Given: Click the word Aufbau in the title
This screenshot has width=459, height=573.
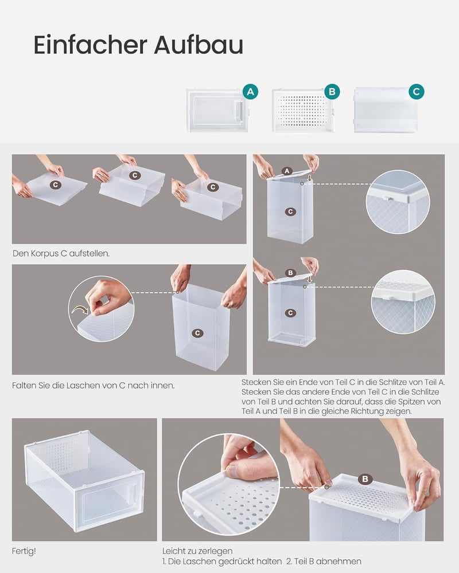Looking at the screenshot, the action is pos(199,45).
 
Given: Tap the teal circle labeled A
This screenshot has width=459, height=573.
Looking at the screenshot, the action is pos(250,92).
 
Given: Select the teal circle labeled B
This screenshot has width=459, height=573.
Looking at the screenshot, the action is pos(332,92).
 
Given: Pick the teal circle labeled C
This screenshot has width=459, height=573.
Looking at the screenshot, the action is pos(416,92).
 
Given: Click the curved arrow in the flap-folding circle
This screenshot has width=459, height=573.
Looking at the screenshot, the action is pos(80,310).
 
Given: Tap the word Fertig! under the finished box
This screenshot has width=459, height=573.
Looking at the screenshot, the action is pos(24,551).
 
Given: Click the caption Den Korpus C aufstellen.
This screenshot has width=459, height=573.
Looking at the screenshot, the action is pos(61,253).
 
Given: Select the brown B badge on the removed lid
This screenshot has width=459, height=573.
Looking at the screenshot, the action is pos(365,479).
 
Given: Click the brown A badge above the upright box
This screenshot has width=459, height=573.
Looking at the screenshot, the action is pos(287,171).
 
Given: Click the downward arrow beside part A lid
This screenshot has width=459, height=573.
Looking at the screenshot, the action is pos(310,178).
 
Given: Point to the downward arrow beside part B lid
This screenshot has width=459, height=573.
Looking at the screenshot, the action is pos(310,279).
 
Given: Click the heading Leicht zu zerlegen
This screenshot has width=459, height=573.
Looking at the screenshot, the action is pos(197,551).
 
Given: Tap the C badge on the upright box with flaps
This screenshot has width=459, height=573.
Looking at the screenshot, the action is pos(197,333).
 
